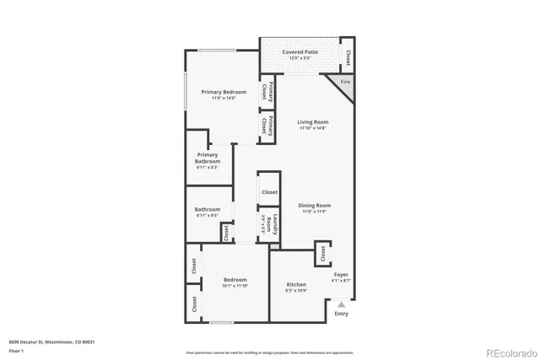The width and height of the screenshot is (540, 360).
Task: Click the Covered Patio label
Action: coord(300,52)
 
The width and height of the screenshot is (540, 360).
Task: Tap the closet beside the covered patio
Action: coord(347,57)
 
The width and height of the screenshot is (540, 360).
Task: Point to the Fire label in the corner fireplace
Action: coord(344,82)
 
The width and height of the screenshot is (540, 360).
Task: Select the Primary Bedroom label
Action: coord(223,92)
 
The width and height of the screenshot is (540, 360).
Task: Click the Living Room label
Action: coord(312,122)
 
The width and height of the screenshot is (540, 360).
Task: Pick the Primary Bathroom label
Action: coord(208,158)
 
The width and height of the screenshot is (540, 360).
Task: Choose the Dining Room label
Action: coord(314,205)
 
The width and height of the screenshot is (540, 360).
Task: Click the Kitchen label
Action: coord(296,285)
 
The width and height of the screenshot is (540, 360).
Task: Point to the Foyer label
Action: coord(341,275)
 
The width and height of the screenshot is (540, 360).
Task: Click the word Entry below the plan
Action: coord(341,314)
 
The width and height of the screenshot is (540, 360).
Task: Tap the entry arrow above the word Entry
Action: coord(341,304)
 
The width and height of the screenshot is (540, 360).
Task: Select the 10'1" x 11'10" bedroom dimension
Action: coord(235,287)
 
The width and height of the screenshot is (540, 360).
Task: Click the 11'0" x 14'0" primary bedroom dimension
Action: coord(223,99)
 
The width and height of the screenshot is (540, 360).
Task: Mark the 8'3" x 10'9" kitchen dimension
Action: coord(296,292)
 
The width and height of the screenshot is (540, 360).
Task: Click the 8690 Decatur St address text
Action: coord(51,341)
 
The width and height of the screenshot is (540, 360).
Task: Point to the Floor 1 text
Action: coord(17,349)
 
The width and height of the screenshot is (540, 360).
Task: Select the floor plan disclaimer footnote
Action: coord(269,352)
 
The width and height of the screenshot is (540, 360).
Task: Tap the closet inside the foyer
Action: coord(322,253)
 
